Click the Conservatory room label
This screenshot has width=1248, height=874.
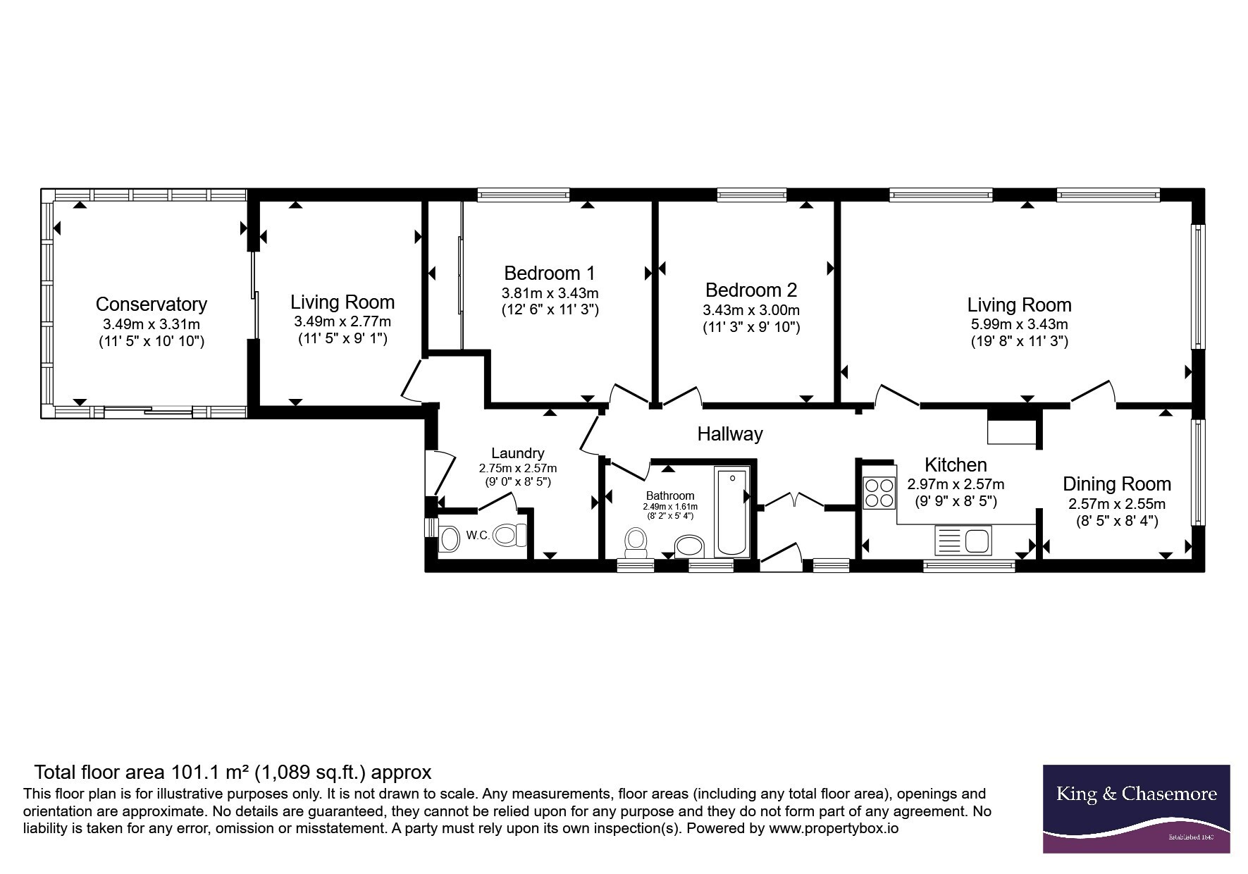click(x=152, y=304)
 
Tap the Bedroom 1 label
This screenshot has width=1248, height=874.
click(x=550, y=273)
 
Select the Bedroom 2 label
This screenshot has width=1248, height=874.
click(x=751, y=290)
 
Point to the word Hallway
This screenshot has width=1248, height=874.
click(x=730, y=434)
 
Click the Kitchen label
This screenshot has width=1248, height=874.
click(x=956, y=465)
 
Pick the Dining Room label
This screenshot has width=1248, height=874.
click(x=1117, y=484)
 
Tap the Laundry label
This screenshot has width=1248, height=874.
click(x=518, y=453)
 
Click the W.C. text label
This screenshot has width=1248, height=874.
click(x=478, y=536)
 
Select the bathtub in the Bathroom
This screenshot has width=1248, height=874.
click(x=732, y=511)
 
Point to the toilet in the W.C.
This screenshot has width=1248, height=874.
click(x=510, y=535)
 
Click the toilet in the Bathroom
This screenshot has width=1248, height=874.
click(x=636, y=543)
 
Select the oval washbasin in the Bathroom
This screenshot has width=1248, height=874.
click(x=690, y=546)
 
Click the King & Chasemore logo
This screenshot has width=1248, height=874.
click(x=1136, y=808)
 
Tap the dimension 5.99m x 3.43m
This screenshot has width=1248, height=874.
click(x=1019, y=325)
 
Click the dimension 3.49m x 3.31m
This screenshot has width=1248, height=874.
click(x=152, y=325)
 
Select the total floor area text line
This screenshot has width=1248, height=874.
click(x=233, y=773)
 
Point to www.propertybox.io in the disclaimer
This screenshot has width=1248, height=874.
click(x=834, y=829)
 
